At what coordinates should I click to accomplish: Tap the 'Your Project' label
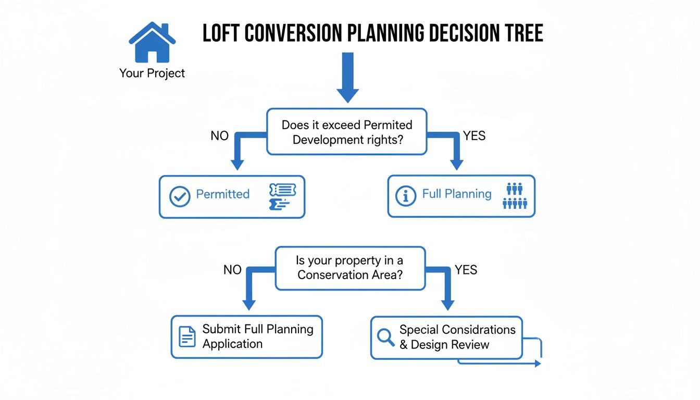[x=152, y=73]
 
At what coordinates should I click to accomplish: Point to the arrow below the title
[x=347, y=78]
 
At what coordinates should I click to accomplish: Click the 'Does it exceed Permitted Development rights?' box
[x=347, y=132]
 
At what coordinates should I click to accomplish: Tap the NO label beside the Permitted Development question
[x=219, y=136]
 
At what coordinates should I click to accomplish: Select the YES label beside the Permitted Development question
[x=474, y=136]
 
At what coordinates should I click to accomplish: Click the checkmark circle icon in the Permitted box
[x=180, y=197]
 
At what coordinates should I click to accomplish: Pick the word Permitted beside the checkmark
[x=222, y=194]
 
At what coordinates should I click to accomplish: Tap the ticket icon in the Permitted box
[x=282, y=197]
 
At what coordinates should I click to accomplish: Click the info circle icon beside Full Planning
[x=406, y=196]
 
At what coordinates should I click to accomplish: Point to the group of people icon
[x=515, y=196]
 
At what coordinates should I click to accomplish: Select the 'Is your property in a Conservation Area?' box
[x=350, y=268]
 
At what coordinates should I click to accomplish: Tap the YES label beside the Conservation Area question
[x=466, y=270]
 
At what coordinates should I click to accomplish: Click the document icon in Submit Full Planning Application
[x=187, y=336]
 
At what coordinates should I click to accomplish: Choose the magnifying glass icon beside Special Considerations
[x=386, y=337]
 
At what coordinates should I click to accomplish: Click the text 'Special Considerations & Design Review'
[x=457, y=337]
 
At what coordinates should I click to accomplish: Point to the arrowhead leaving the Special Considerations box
[x=538, y=364]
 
